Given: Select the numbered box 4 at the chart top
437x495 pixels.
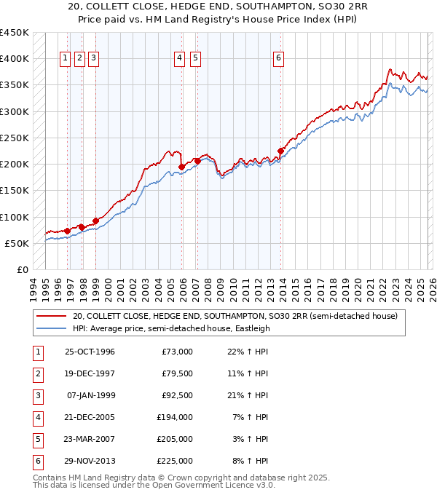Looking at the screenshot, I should click(x=180, y=60).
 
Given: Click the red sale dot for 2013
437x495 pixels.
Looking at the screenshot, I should click(x=280, y=151).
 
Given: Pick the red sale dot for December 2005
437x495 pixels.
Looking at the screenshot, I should click(x=181, y=167).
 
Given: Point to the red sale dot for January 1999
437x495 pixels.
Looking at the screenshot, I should click(x=95, y=221).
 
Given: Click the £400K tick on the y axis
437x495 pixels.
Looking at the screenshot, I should click(x=15, y=59).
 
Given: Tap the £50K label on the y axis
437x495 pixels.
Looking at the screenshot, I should click(x=17, y=243).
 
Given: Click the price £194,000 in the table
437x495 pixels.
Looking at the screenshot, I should click(x=175, y=417).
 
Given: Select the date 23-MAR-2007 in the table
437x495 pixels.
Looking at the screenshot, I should click(x=90, y=439).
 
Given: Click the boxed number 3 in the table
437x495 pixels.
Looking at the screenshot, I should click(x=37, y=395).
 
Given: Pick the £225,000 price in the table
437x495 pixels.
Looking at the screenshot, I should click(x=175, y=461).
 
